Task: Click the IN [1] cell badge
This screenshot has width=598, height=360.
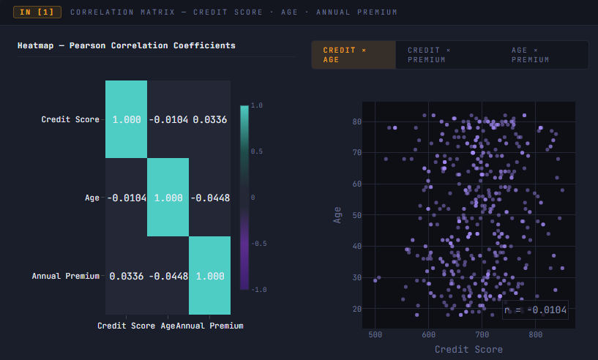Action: point(37,12)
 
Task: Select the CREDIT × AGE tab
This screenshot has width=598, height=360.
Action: point(354,55)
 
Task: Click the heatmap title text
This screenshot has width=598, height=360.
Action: point(126,45)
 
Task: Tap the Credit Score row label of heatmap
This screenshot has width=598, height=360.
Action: point(70,119)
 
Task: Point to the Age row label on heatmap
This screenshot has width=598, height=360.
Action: point(92,198)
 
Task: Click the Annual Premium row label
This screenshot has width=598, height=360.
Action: point(66,276)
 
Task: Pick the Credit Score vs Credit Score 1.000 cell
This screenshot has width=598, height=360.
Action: point(126,119)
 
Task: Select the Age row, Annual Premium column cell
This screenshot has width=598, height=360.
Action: point(210,198)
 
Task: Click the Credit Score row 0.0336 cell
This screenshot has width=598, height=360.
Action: point(210,119)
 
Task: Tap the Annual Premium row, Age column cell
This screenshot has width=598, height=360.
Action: point(168,276)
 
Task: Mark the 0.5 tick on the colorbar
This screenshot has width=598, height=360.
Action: point(257,151)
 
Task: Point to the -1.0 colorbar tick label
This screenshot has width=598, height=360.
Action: point(259,290)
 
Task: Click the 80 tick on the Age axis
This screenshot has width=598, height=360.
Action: point(357,121)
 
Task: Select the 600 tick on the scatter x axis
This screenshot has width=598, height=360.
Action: point(429,334)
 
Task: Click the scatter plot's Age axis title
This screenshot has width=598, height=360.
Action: point(337,215)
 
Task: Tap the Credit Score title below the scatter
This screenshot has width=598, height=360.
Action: point(468,349)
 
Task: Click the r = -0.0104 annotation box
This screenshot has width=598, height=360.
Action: point(536,310)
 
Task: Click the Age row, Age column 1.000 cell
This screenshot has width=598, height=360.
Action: point(168,198)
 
